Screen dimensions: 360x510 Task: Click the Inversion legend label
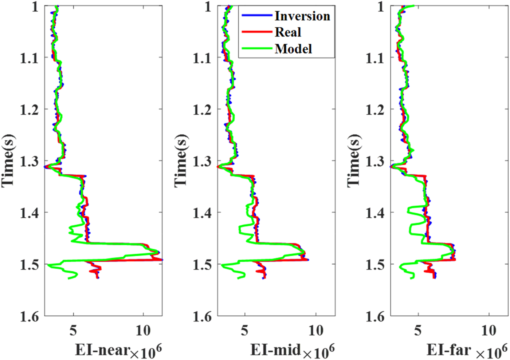point(302,16)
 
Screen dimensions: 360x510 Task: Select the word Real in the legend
point(288,32)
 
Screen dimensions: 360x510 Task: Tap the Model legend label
point(293,49)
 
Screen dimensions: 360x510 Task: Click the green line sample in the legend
point(257,49)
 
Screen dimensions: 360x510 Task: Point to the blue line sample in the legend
point(257,16)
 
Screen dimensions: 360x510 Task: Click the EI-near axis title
point(102,350)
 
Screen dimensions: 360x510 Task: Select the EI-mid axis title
point(275,350)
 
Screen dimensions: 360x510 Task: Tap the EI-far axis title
point(449,350)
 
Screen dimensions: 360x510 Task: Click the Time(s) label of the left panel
point(8,161)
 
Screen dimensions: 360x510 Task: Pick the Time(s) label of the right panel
point(354,161)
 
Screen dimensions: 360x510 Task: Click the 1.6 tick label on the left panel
point(29,316)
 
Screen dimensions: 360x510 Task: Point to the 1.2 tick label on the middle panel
point(202,109)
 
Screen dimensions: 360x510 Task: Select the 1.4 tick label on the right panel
point(375,213)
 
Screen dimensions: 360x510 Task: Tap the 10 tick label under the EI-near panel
point(143,331)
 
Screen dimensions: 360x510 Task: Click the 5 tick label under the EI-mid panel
point(245,331)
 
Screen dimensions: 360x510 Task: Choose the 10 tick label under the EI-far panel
point(489,331)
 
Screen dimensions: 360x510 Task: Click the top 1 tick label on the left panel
point(35,6)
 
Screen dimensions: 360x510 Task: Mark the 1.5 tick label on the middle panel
point(202,264)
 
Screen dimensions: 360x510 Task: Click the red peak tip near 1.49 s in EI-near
point(162,260)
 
